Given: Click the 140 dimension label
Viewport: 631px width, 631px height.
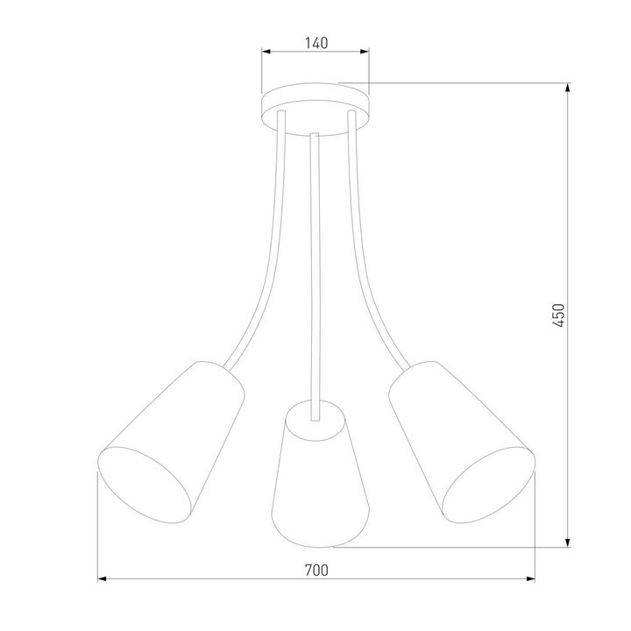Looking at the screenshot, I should click(x=315, y=41).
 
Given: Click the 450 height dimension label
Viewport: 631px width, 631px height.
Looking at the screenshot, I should click(x=560, y=316).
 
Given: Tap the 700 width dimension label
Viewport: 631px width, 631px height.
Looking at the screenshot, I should click(x=315, y=570).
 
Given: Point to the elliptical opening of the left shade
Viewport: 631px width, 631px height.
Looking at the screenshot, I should click(x=145, y=486).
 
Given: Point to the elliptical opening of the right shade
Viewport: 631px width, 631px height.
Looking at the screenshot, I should click(x=487, y=486).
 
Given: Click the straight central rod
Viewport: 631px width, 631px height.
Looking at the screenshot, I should click(x=315, y=263).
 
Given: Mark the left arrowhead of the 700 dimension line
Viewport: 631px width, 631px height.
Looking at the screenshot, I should click(x=101, y=579).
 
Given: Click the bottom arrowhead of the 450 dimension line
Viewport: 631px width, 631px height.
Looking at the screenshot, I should click(x=570, y=542).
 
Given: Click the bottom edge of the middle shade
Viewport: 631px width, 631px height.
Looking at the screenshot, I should click(x=319, y=542).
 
